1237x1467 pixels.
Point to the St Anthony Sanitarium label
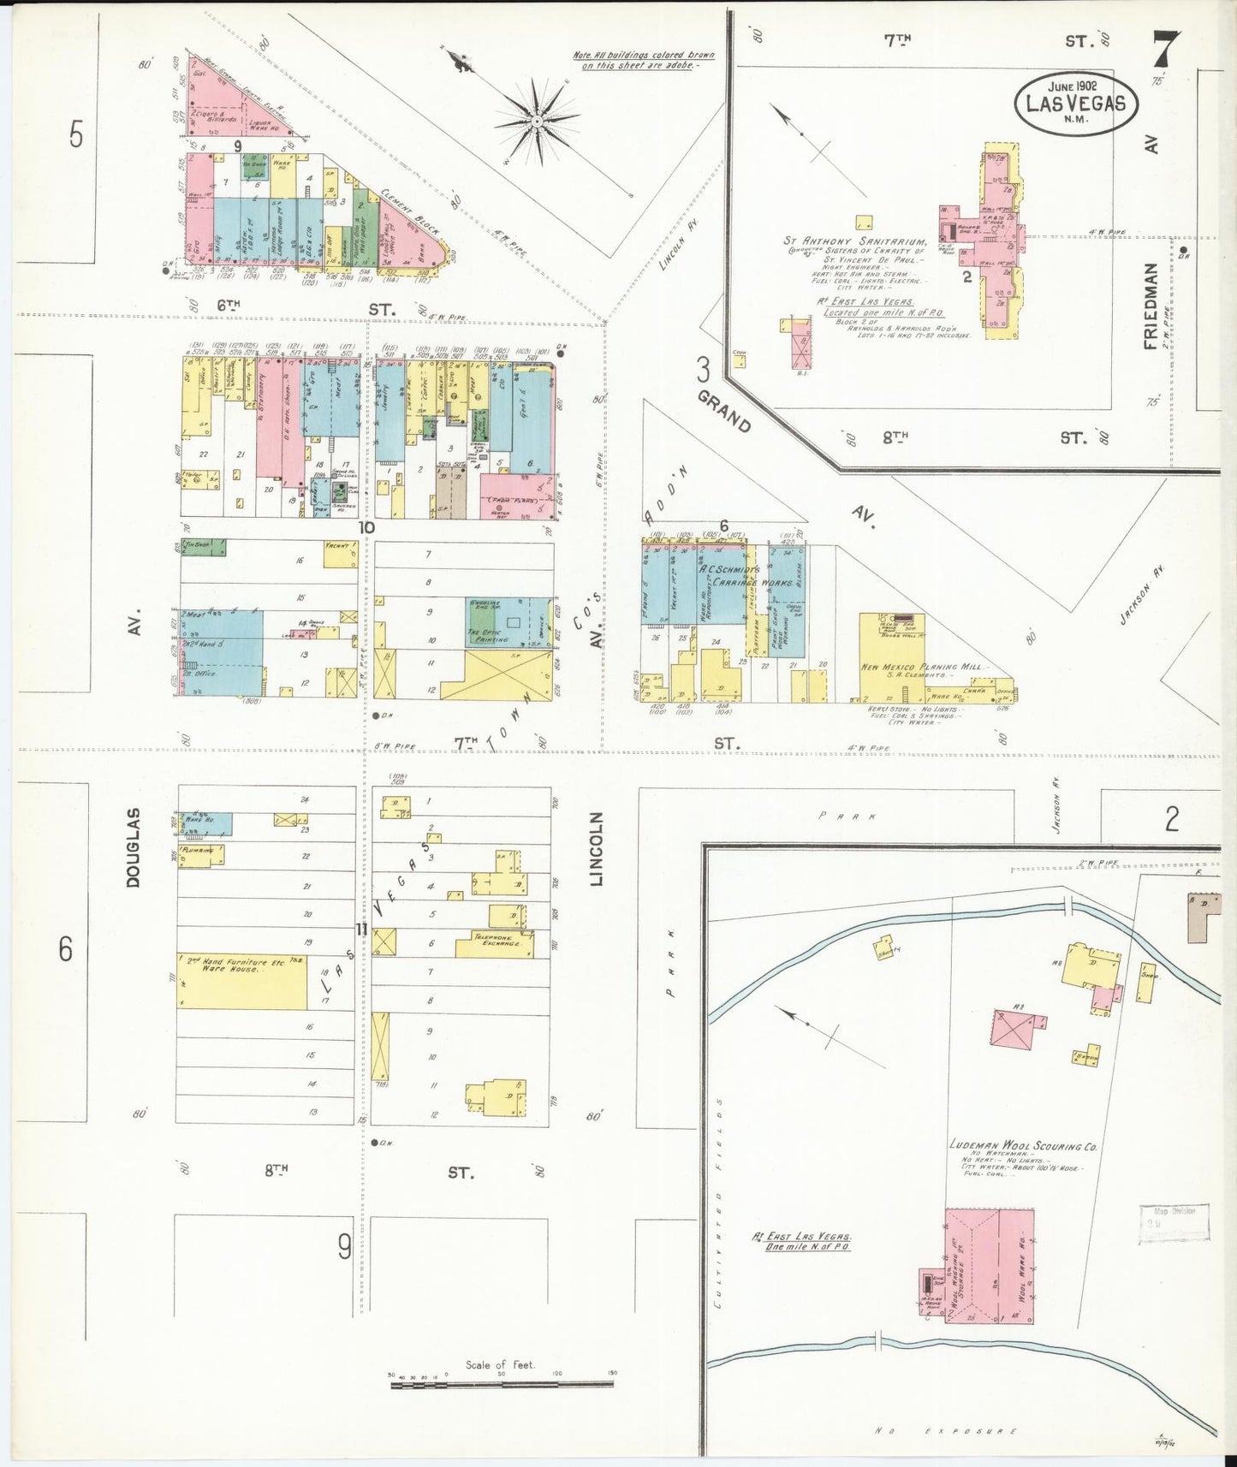click(x=854, y=242)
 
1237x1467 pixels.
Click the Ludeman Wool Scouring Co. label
click(x=1023, y=1145)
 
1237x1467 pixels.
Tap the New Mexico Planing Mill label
click(x=924, y=667)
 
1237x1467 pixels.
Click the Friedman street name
click(x=1151, y=306)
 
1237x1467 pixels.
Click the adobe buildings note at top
click(x=643, y=60)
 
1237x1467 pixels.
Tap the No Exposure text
click(x=946, y=1430)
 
